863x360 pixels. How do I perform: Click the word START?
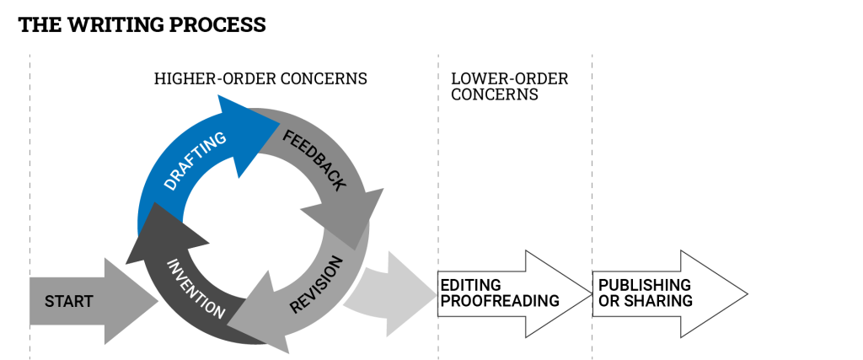coord(68,302)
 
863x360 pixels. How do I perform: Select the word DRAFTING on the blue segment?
coord(195,160)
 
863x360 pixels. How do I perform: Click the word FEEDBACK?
coord(314,160)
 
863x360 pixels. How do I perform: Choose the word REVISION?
coord(317,285)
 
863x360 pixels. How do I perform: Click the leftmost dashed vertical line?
coord(29,169)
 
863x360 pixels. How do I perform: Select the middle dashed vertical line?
coord(438,169)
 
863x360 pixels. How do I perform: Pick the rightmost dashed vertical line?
coord(592,169)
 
